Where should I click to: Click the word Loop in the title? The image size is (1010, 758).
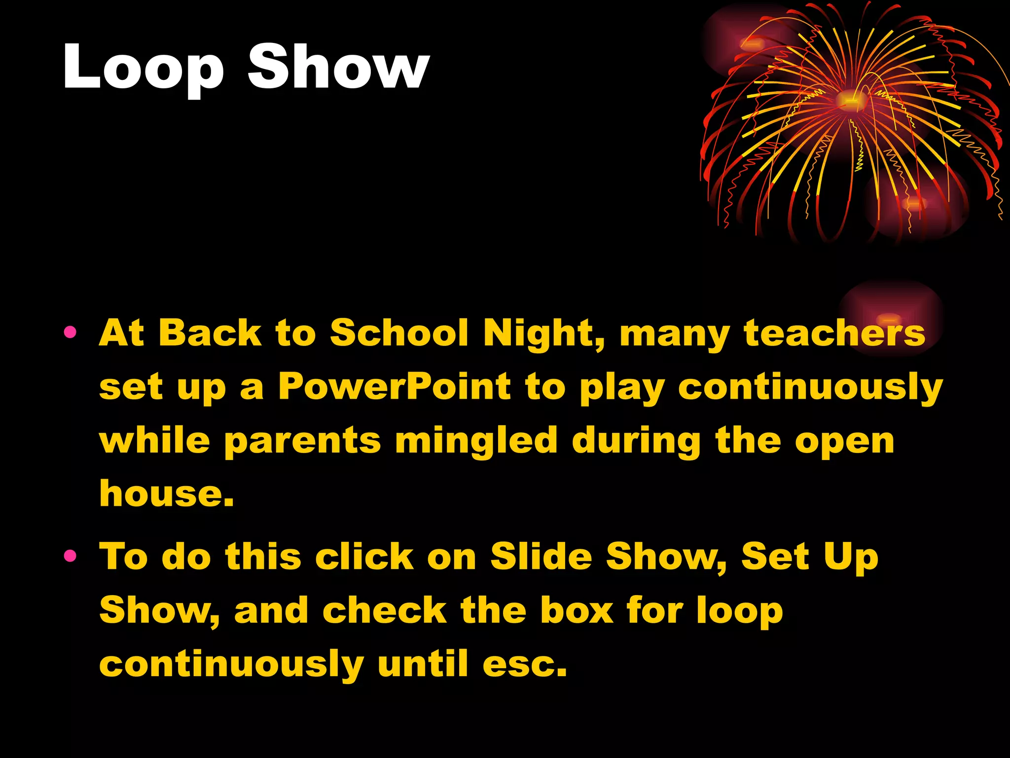click(x=143, y=67)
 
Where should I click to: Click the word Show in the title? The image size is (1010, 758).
click(x=338, y=67)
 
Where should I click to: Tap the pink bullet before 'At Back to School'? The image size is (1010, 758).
click(x=70, y=332)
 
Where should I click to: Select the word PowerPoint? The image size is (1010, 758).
click(x=395, y=386)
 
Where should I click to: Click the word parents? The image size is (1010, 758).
click(x=302, y=441)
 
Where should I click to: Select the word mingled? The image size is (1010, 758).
click(x=476, y=441)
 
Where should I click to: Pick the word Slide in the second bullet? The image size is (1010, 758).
click(x=541, y=557)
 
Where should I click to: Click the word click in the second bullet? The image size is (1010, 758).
click(x=364, y=557)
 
